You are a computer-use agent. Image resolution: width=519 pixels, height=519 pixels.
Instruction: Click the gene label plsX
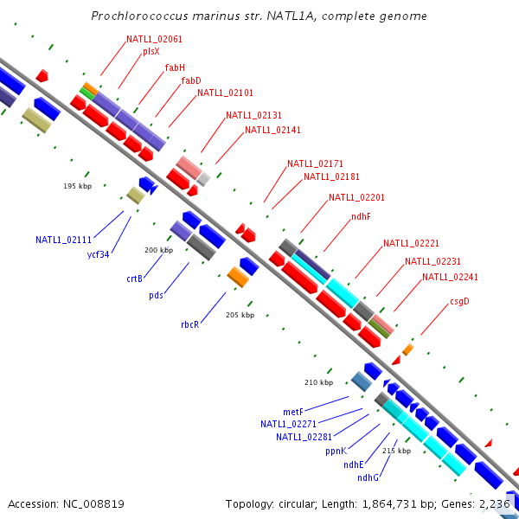[151, 51]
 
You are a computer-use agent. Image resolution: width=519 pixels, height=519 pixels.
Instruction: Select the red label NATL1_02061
[154, 39]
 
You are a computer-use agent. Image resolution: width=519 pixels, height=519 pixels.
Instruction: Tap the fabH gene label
[175, 67]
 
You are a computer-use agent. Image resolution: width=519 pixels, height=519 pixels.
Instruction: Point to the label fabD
[191, 80]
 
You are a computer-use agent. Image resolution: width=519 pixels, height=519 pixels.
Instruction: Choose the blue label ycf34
[98, 254]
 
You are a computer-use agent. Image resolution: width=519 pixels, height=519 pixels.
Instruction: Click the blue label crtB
[134, 279]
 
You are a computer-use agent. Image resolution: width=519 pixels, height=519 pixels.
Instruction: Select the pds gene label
[156, 295]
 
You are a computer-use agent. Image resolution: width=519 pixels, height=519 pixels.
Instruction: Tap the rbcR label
[190, 324]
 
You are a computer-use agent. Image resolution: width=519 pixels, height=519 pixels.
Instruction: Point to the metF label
[293, 412]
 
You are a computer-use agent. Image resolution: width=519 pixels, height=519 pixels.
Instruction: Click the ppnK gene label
[336, 451]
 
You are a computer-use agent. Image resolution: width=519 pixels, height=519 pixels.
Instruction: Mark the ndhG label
[368, 477]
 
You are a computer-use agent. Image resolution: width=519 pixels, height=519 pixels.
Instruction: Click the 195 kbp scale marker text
[77, 186]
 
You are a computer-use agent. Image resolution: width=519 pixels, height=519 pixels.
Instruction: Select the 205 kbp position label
[240, 315]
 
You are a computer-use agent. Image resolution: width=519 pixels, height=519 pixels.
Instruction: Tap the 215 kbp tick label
[396, 450]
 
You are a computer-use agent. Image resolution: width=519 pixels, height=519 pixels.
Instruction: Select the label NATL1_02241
[450, 277]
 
